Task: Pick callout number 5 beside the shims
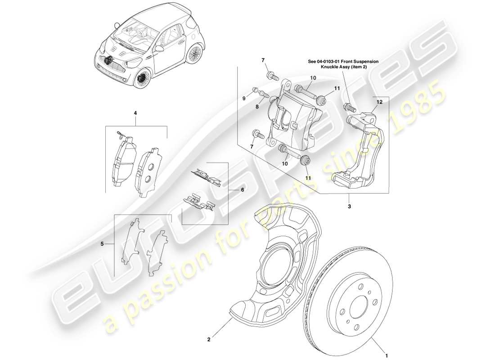(102, 244)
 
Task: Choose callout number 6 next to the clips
(242, 190)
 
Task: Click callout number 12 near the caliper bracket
(379, 102)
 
